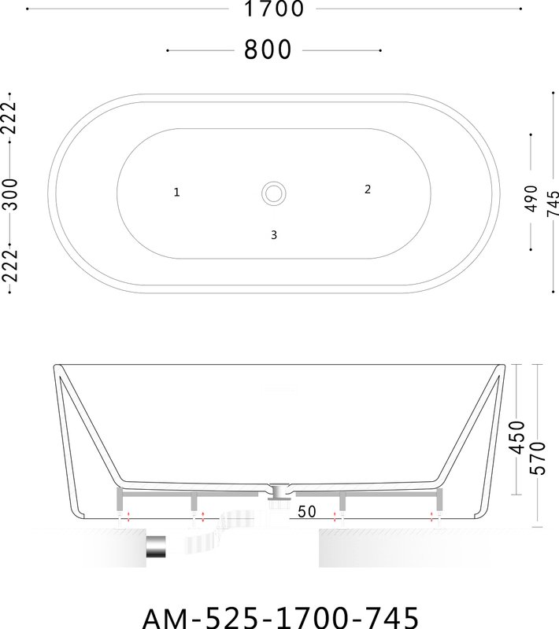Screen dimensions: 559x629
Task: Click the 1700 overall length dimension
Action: click(274, 9)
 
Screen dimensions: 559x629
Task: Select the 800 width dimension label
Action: click(268, 50)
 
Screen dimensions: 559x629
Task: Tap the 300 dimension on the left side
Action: click(11, 194)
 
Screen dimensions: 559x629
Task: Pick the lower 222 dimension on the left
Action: click(9, 266)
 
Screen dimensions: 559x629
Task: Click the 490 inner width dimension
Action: click(531, 199)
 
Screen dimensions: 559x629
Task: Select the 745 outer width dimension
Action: click(553, 204)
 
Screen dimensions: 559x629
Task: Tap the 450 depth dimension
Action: click(517, 437)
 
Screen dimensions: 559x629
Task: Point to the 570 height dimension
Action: click(538, 458)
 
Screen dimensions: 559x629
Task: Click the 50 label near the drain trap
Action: click(307, 512)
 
